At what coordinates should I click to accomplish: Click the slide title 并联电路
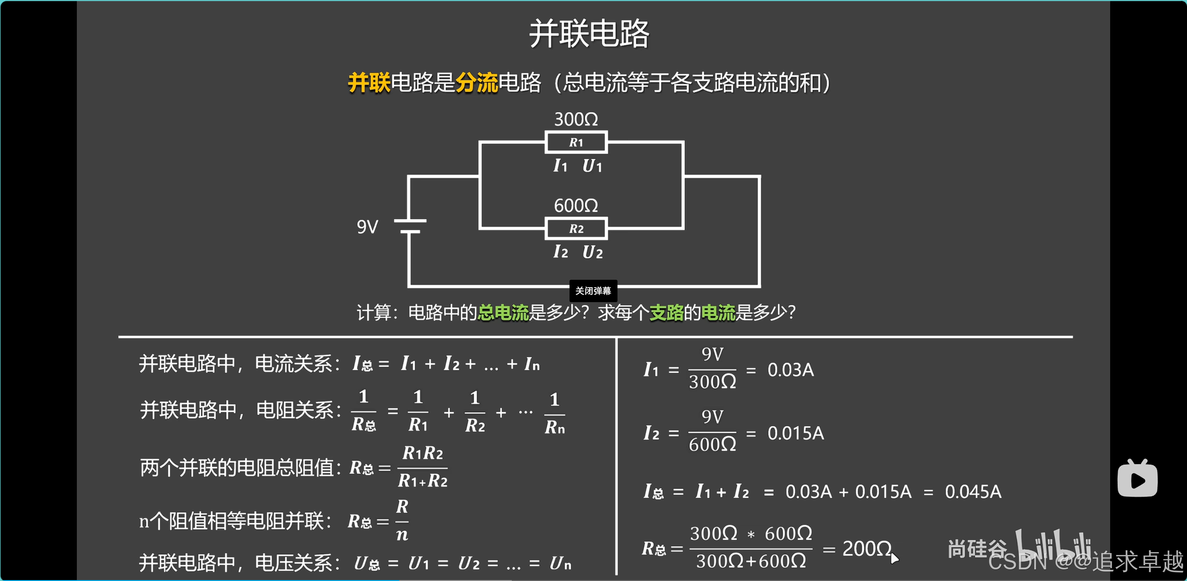589,34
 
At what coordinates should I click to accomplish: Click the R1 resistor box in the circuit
576,142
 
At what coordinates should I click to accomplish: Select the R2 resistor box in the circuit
576,229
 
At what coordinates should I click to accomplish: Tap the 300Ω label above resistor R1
576,120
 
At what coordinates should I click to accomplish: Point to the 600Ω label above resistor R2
576,205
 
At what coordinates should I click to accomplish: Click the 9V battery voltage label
367,227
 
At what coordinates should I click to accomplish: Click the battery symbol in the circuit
410,226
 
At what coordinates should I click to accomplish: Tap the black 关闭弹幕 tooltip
593,291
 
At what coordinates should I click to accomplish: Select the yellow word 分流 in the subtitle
476,83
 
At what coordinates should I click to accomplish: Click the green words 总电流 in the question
503,312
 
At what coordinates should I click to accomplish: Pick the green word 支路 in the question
666,312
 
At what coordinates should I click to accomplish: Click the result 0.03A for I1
790,370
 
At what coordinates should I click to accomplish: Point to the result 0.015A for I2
795,433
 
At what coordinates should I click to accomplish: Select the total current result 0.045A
973,492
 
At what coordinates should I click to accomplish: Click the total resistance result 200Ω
867,549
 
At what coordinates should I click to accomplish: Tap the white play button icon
1137,480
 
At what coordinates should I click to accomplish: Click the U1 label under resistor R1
592,166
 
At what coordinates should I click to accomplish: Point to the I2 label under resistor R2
560,252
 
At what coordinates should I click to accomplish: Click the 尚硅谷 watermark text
977,549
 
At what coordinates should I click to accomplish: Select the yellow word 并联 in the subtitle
369,83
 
